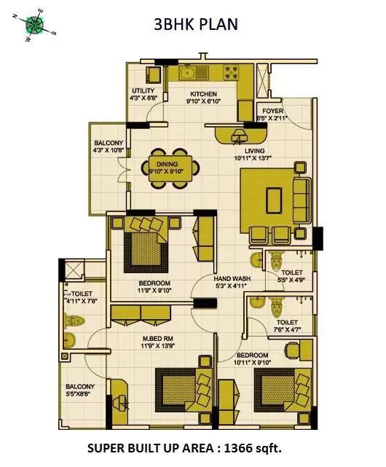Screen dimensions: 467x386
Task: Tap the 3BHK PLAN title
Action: [x=194, y=24]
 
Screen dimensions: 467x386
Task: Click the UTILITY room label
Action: [x=142, y=91]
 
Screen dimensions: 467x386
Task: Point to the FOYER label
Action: [x=273, y=111]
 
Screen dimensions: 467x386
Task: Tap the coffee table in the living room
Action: [x=275, y=200]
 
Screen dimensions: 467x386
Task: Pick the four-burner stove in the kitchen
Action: [x=234, y=72]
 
